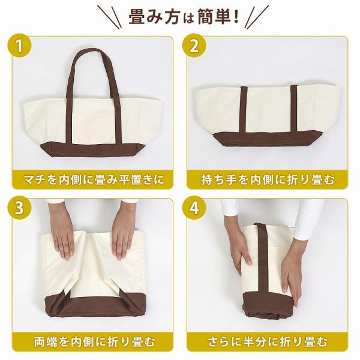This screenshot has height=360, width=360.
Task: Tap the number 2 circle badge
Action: coord(194,46)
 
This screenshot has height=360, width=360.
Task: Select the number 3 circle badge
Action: coord(19,208)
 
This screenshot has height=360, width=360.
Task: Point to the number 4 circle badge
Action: coord(194,208)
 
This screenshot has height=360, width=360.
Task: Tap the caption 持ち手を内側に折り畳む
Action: coord(268,179)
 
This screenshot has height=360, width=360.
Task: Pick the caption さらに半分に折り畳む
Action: coord(268,341)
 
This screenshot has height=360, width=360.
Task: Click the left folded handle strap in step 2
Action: coord(243,109)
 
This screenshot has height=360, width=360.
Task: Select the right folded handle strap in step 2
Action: coord(293,109)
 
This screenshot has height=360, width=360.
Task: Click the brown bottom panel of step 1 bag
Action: coord(93,149)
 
